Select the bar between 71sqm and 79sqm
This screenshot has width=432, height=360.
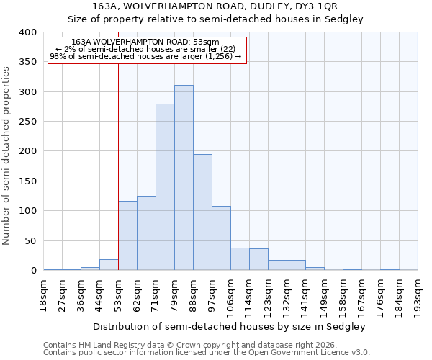coord(165,187)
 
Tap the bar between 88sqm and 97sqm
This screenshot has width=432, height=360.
coord(202,212)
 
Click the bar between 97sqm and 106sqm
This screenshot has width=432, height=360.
coord(221,238)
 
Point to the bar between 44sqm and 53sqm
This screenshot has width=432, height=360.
coord(109,265)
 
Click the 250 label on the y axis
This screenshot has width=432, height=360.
coord(27,122)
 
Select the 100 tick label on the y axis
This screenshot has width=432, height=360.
coord(27,211)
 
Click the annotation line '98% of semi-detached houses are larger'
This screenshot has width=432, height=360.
coord(145,56)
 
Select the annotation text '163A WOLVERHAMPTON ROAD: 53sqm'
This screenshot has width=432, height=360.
coord(146,42)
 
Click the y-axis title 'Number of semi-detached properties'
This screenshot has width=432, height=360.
coord(6,155)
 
